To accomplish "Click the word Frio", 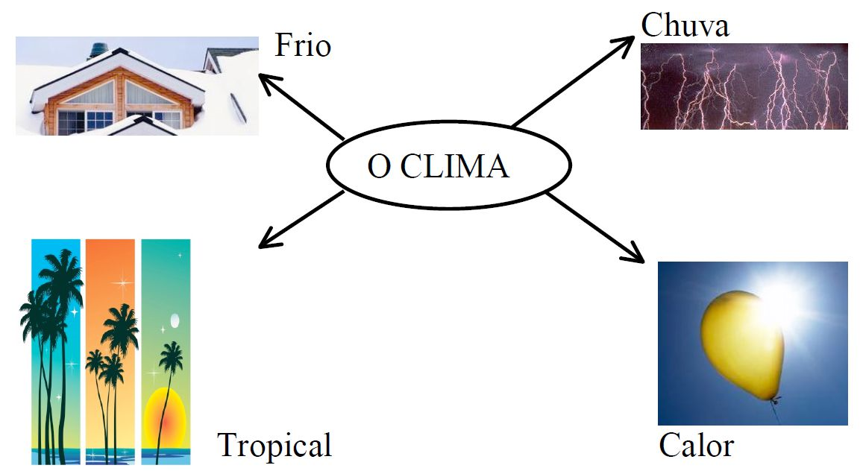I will pyautogui.click(x=302, y=46).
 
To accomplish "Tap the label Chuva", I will pyautogui.click(x=685, y=26).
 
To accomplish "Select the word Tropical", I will pyautogui.click(x=274, y=446).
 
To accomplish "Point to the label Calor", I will pyautogui.click(x=696, y=446).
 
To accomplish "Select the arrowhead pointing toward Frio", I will pyautogui.click(x=266, y=78).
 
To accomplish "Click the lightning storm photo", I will pyautogui.click(x=744, y=86).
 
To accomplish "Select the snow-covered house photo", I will pyautogui.click(x=136, y=86).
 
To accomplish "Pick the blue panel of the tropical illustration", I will pyautogui.click(x=56, y=350).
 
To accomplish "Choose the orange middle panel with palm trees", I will pyautogui.click(x=110, y=350).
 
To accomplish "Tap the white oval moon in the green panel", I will pyautogui.click(x=175, y=320).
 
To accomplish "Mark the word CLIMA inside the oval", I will pyautogui.click(x=455, y=166).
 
